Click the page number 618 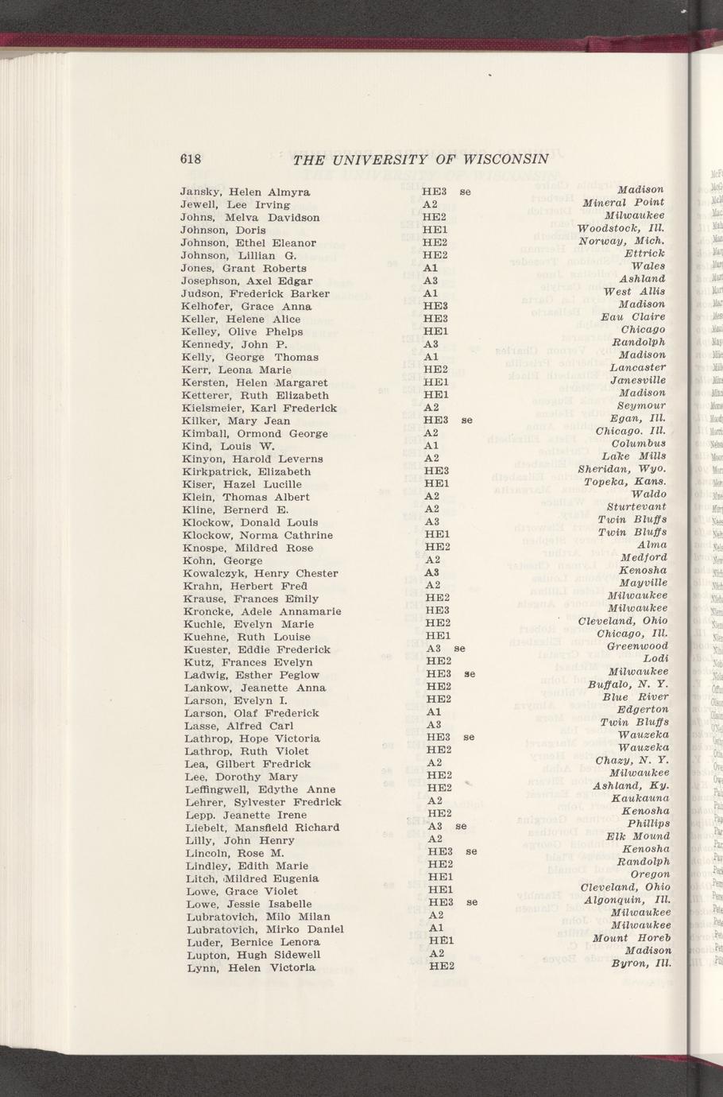(191, 158)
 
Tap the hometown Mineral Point (623, 203)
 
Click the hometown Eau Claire (632, 316)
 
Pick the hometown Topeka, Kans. (625, 481)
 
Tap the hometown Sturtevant (636, 506)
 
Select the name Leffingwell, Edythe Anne (261, 790)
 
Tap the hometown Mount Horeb (632, 938)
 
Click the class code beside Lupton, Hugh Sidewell (435, 953)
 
